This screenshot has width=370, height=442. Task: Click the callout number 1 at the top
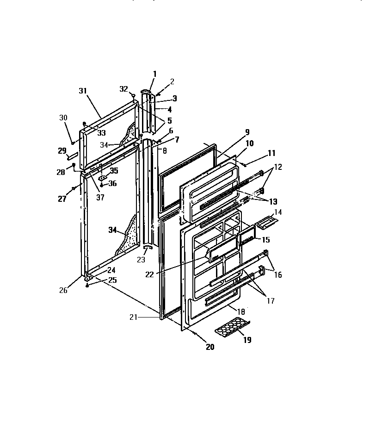tap(154, 74)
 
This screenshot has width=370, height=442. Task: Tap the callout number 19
tap(247, 340)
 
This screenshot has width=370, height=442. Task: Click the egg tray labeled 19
tap(232, 329)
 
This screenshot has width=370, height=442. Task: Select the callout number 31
tap(83, 91)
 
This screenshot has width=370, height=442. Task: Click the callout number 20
tap(210, 348)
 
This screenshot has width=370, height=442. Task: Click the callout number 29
tap(62, 151)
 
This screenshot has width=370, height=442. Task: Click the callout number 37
tap(100, 197)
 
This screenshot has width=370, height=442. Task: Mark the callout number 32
tap(123, 89)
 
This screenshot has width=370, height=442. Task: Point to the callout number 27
tap(62, 199)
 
